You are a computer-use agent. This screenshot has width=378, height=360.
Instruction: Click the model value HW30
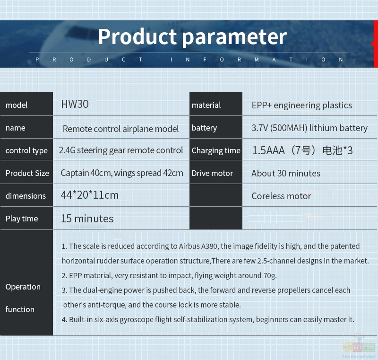point(75,104)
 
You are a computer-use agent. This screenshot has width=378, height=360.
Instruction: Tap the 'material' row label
point(206,105)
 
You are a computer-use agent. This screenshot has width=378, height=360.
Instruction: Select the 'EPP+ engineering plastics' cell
point(301,105)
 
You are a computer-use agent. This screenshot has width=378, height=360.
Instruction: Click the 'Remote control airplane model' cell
point(120,129)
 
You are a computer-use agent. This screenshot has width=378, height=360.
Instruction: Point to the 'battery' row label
point(204,128)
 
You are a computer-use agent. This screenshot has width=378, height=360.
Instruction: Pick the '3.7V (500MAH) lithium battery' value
point(309,128)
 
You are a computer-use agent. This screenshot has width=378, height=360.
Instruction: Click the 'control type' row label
point(26,150)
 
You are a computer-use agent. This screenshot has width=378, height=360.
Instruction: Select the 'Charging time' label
point(216,150)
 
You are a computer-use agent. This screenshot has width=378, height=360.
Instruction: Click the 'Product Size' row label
point(27,173)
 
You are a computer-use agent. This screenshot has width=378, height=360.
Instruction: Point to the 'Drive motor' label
point(212,173)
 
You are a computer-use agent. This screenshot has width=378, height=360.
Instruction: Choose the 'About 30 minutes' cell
point(286,173)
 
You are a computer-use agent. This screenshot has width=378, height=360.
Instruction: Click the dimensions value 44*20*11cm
point(89,195)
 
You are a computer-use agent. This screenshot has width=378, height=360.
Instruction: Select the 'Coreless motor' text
point(281,196)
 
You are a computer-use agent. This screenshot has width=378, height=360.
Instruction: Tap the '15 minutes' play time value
point(87,219)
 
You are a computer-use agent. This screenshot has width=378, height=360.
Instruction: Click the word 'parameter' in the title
point(234,37)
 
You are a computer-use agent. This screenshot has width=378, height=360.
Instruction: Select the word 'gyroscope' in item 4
point(136,319)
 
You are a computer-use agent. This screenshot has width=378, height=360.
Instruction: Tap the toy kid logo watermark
point(359,347)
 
